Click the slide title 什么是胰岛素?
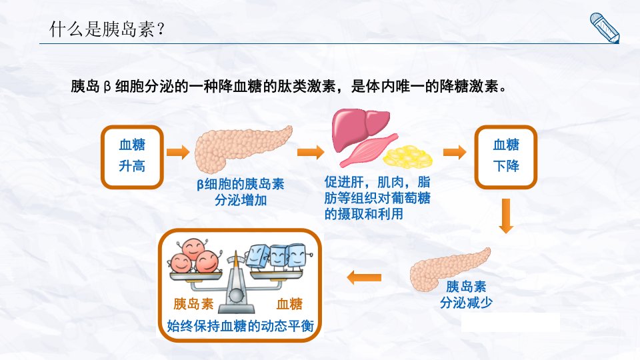pos(107,29)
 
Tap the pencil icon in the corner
pos(605,27)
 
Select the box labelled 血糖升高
pos(132,157)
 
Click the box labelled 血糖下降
pos(506,157)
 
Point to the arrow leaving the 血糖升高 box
pos(178,152)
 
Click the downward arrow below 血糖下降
pos(506,216)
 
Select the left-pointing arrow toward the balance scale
pos(364,277)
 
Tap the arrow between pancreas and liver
pos(311,152)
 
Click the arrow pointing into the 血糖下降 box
pos(455,152)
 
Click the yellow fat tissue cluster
pos(408,157)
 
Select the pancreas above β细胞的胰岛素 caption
pos(241,148)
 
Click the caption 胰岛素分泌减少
pos(466,294)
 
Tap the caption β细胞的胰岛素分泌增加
pos(241,192)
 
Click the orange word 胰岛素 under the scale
pos(193,304)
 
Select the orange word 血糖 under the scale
pos(289,304)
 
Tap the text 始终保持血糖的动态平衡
pos(241,326)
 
